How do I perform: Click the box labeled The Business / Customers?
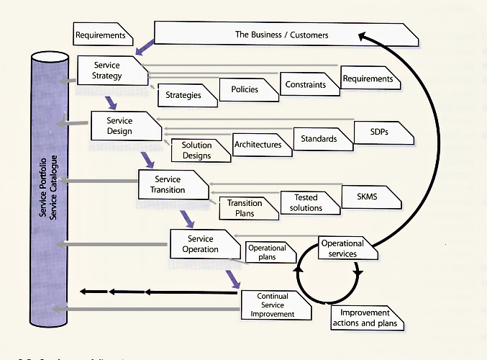point(281,34)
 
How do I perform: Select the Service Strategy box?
point(107,71)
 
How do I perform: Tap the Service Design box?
point(120,126)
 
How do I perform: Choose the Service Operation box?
point(200,244)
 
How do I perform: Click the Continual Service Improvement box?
point(273,305)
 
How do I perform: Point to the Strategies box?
point(183,94)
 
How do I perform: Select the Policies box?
point(245,90)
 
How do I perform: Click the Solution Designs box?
point(196,150)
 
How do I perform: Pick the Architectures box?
point(258,145)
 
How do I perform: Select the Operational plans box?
point(267,253)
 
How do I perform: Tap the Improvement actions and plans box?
point(365,318)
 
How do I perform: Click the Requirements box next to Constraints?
point(368,78)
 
